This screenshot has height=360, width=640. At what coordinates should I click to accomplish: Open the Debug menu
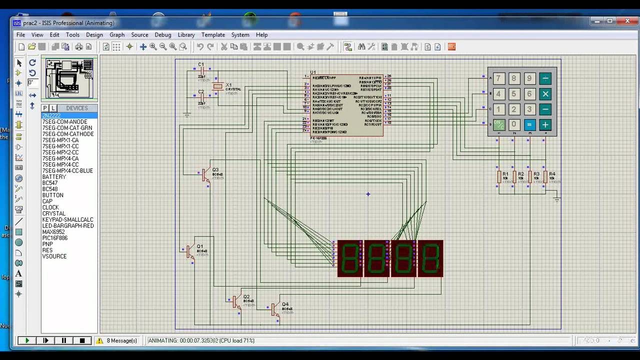[x=162, y=35]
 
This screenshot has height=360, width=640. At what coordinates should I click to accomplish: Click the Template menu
[x=213, y=35]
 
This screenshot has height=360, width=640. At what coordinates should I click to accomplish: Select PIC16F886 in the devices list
[x=55, y=238]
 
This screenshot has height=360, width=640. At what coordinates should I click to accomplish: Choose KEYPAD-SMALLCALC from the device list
[x=67, y=219]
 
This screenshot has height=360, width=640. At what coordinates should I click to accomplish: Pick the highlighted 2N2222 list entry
[x=51, y=115]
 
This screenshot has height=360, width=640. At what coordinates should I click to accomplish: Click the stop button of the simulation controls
[x=82, y=340]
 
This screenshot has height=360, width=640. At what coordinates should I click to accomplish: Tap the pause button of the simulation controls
[x=64, y=340]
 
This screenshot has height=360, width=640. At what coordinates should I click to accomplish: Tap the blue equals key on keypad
[x=530, y=125]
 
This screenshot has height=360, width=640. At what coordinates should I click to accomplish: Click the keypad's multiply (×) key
[x=545, y=94]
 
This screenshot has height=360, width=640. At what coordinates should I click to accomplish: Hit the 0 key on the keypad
[x=514, y=125]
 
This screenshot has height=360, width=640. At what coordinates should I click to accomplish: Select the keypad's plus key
[x=545, y=125]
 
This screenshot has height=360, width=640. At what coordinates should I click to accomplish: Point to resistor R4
[x=545, y=176]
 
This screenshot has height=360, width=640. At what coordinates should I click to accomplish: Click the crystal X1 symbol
[x=217, y=86]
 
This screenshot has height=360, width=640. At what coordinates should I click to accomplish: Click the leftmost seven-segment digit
[x=350, y=258]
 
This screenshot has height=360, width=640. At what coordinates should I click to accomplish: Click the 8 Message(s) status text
[x=121, y=340]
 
